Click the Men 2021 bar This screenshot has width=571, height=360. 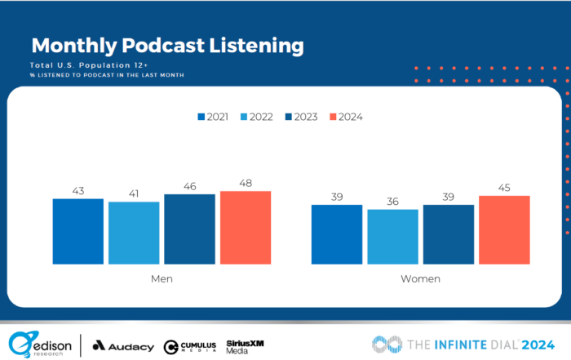[x=78, y=231]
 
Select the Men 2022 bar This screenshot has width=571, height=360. [x=134, y=233]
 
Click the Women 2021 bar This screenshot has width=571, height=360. [x=337, y=234]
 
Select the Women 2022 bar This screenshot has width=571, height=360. [x=392, y=237]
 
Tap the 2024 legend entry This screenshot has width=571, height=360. [x=345, y=117]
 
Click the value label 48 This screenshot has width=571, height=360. [x=245, y=184]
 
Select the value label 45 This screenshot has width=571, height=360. [x=504, y=189]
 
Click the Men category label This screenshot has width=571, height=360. [x=162, y=279]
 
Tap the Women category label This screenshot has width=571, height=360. [x=420, y=279]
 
